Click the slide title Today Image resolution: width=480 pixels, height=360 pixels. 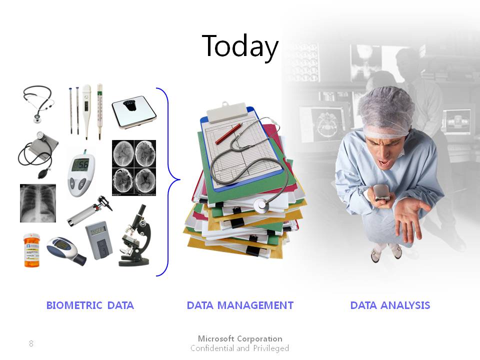[x=240, y=46]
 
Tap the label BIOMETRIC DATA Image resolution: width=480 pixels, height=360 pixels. [x=90, y=305]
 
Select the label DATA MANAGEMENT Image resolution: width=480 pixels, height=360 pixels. [x=240, y=305]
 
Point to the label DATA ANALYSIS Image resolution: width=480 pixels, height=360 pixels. [x=390, y=305]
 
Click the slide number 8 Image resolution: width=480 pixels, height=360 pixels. [x=31, y=343]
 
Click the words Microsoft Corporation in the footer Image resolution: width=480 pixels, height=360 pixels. [x=240, y=338]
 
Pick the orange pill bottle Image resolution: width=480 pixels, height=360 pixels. [x=31, y=250]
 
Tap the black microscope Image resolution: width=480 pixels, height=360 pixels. [x=135, y=235]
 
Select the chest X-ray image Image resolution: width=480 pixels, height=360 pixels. [x=38, y=203]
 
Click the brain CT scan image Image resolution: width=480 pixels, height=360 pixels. [x=134, y=168]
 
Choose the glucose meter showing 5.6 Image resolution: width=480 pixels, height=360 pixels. [x=81, y=173]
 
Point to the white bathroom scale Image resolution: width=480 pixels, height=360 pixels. [x=134, y=112]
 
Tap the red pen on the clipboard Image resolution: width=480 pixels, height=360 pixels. [x=229, y=134]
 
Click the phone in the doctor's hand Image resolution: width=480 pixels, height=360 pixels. [x=381, y=192]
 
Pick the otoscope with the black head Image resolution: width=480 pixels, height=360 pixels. [x=90, y=210]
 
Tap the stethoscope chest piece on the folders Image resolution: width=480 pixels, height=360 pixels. [x=261, y=205]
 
